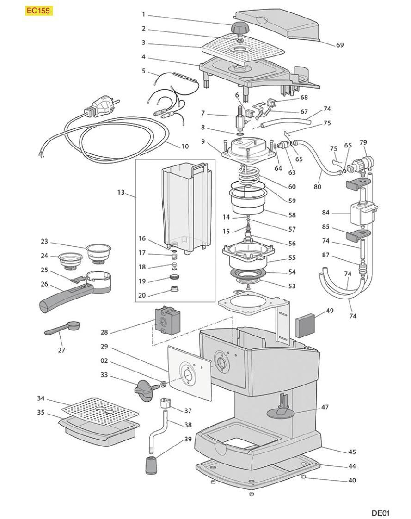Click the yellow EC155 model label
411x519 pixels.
(x=38, y=11)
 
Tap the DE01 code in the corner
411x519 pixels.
(x=380, y=513)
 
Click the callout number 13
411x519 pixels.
(x=121, y=192)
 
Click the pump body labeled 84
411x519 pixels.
(x=362, y=214)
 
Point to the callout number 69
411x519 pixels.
(x=339, y=45)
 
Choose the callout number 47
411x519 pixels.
(x=325, y=408)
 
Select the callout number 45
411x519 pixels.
(x=352, y=452)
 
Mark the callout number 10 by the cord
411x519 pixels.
(x=185, y=147)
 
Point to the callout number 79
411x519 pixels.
(x=363, y=142)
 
